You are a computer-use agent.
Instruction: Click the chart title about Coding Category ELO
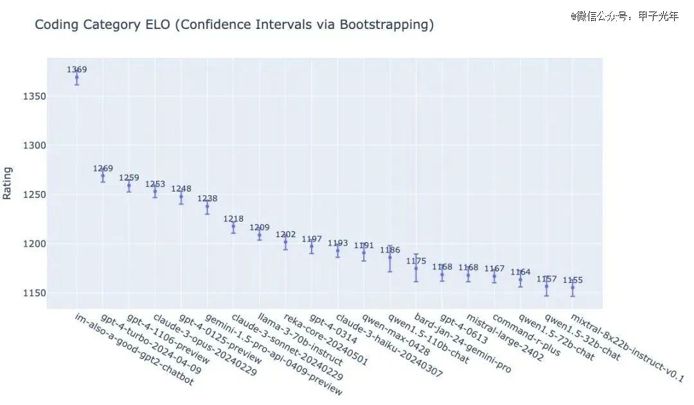pos(234,25)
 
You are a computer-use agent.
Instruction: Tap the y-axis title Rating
pos(8,183)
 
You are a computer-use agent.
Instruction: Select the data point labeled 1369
pos(76,78)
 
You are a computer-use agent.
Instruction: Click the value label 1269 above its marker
pos(103,168)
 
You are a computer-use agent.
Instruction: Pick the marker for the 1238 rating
pos(207,206)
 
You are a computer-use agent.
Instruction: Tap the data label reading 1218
pos(233,219)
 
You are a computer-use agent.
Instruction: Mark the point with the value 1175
pos(416,268)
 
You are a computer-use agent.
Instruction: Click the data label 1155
pos(573,280)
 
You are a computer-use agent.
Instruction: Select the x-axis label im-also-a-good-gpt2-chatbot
pos(134,350)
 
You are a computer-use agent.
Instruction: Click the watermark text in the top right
pos(624,16)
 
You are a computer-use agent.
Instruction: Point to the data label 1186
pos(390,249)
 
